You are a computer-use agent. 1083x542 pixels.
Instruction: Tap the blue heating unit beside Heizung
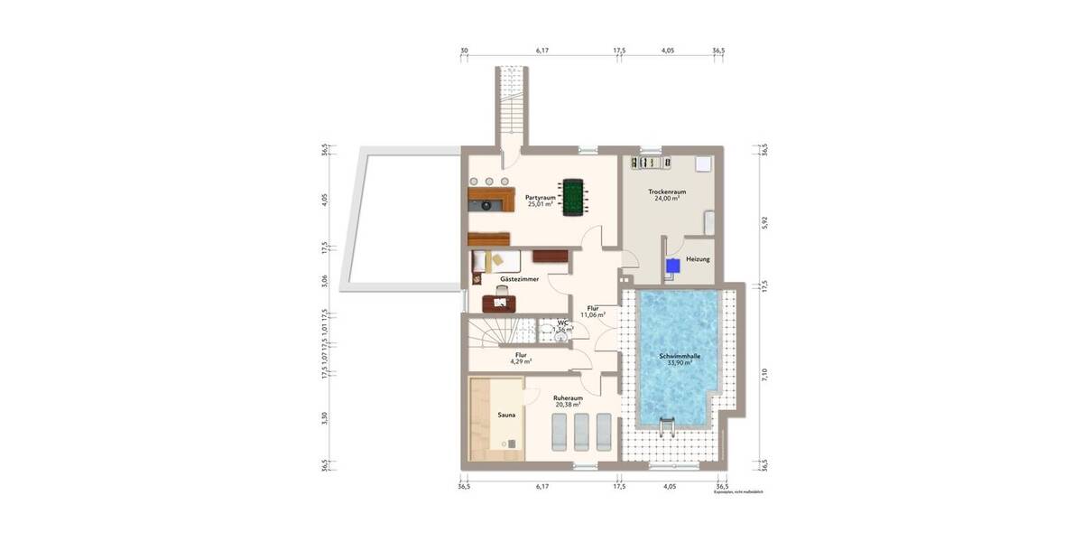click(673, 266)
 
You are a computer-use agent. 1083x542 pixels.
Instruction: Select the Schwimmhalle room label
click(680, 357)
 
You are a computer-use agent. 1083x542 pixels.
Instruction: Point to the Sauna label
click(506, 416)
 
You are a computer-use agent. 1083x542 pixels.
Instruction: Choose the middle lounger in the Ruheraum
click(581, 431)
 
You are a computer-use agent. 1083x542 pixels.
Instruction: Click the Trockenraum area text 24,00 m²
click(668, 199)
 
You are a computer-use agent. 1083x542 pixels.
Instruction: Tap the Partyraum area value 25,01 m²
click(541, 204)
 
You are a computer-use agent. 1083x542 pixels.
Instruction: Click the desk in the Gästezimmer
click(499, 303)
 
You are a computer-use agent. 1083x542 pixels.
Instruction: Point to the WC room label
click(562, 322)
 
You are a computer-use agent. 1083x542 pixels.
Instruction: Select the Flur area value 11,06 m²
click(592, 315)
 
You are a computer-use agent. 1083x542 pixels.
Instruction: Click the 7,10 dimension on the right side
click(764, 375)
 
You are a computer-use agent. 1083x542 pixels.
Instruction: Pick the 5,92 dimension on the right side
click(764, 222)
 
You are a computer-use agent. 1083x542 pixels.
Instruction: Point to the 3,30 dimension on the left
click(324, 417)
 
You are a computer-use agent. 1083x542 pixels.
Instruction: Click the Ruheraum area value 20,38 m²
click(568, 406)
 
